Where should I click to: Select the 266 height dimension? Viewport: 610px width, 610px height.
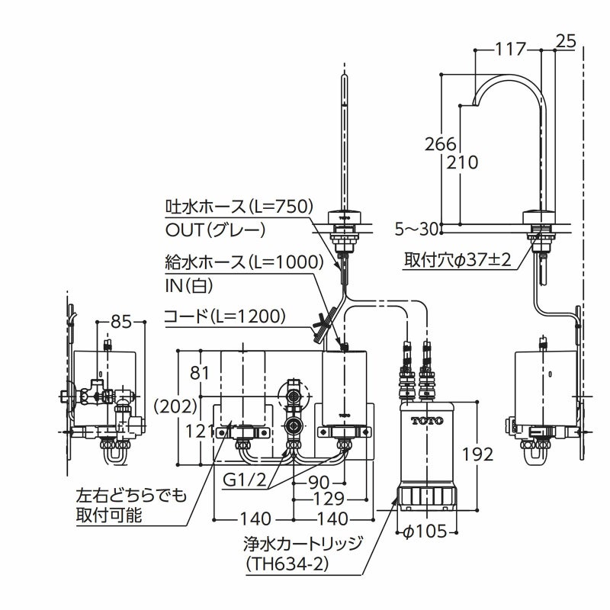[441, 143]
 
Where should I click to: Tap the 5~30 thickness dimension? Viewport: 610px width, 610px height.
[419, 227]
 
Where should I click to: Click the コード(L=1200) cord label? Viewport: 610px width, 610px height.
[225, 315]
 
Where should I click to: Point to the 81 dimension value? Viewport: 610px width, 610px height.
[199, 373]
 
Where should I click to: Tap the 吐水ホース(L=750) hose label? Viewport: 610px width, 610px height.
[239, 207]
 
